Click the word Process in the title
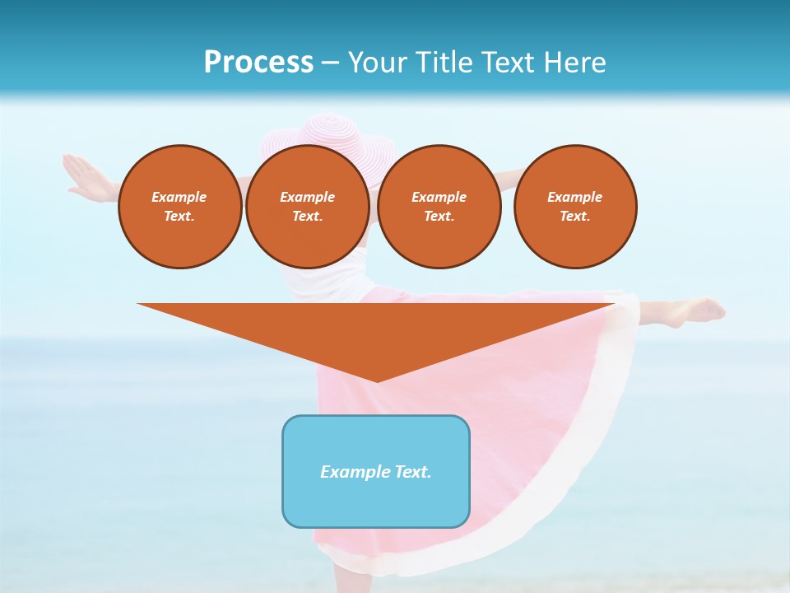pyautogui.click(x=258, y=62)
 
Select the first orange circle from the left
pyautogui.click(x=179, y=207)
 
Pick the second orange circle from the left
pyautogui.click(x=308, y=207)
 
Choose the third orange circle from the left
pyautogui.click(x=439, y=207)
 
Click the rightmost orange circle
pyautogui.click(x=575, y=207)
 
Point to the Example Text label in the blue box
pyautogui.click(x=376, y=472)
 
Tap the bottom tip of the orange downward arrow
pyautogui.click(x=377, y=380)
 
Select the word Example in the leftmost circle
pyautogui.click(x=179, y=197)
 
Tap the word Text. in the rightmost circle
pyautogui.click(x=575, y=216)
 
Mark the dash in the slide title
pyautogui.click(x=330, y=63)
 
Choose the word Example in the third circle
pyautogui.click(x=439, y=197)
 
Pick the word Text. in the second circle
pyautogui.click(x=308, y=216)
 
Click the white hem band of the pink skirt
pyautogui.click(x=576, y=478)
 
